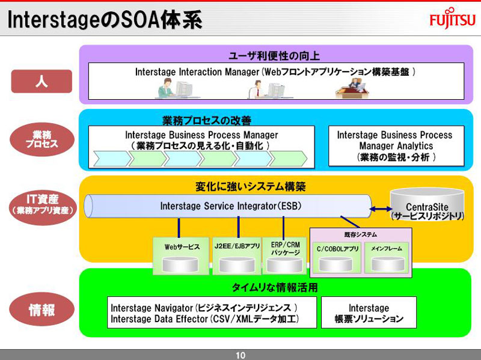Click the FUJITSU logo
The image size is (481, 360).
(452, 19)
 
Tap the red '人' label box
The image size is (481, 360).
(41, 81)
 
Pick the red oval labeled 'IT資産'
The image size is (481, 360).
(42, 204)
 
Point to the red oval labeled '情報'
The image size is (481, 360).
(42, 310)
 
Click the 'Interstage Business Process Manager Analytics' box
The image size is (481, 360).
(396, 146)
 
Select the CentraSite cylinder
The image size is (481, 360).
(426, 204)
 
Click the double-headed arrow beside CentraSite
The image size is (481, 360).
(380, 209)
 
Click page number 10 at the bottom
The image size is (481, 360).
(240, 355)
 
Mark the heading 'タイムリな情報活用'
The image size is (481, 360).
(275, 287)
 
